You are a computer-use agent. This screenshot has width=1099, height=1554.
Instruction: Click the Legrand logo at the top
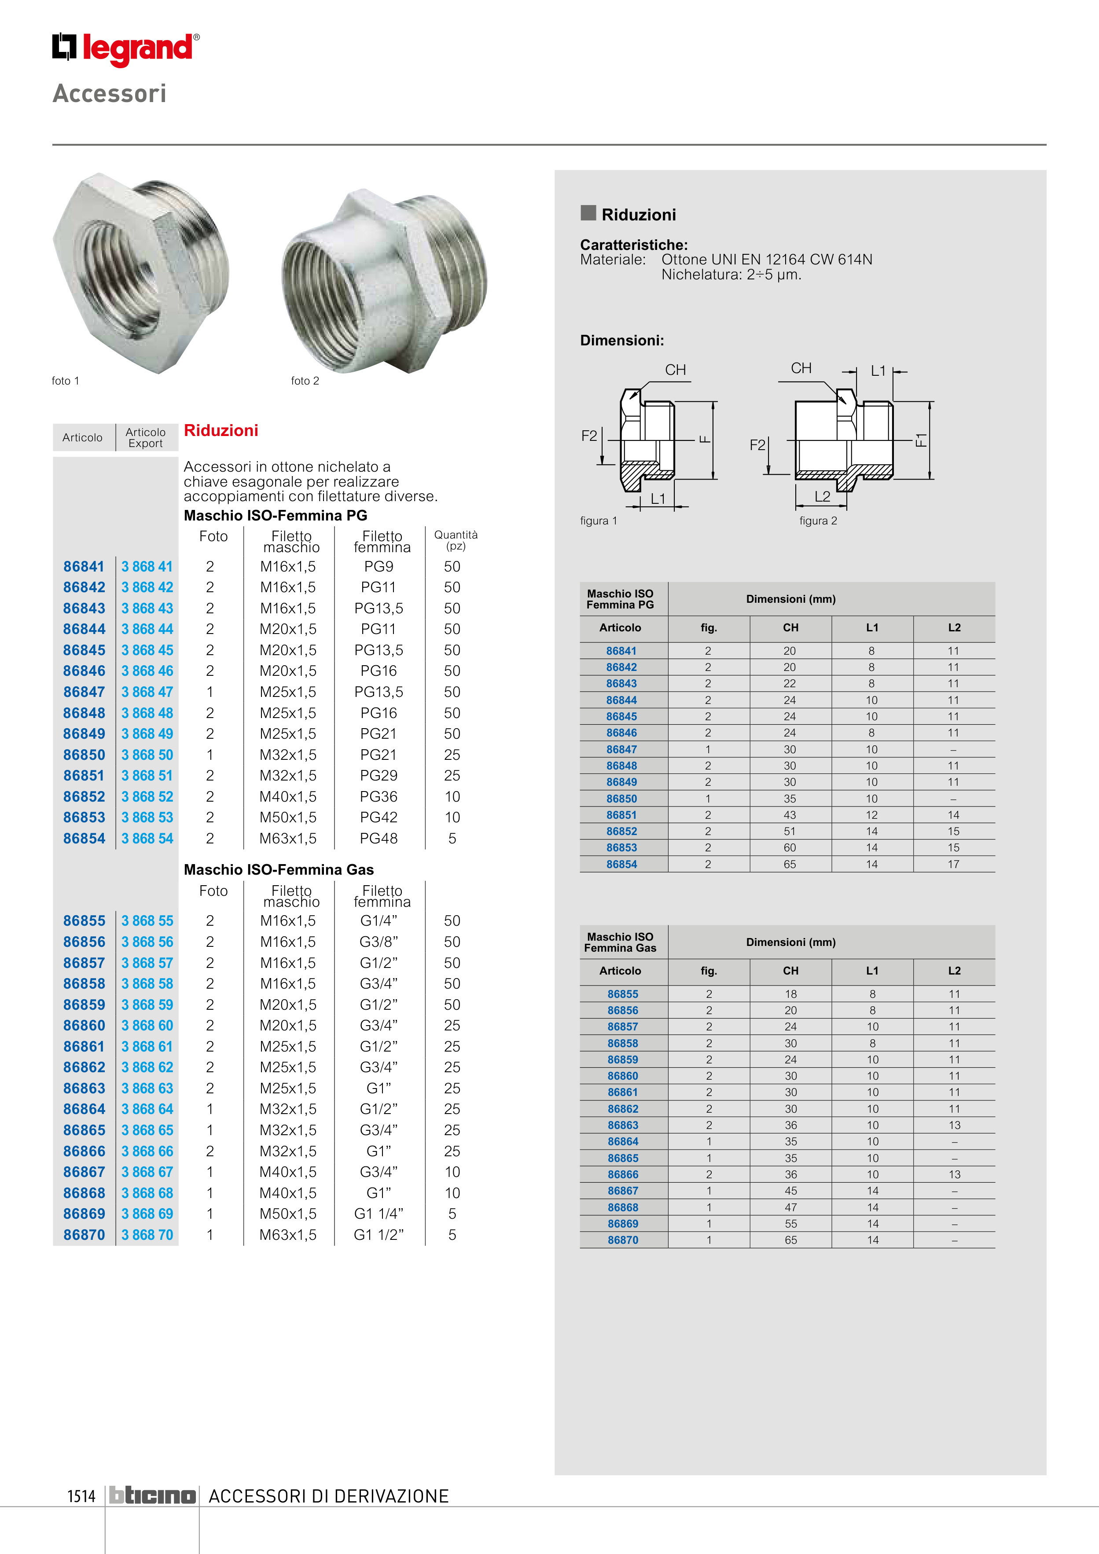(x=126, y=49)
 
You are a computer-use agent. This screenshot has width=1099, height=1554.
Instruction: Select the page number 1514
(x=81, y=1496)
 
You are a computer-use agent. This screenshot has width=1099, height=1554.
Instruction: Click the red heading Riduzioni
(x=221, y=430)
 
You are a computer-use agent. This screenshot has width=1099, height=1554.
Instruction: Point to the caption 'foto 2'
(x=305, y=381)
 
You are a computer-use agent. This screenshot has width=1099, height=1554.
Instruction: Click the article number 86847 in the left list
(x=84, y=692)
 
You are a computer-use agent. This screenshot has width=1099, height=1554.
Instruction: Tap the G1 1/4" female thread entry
(x=379, y=1213)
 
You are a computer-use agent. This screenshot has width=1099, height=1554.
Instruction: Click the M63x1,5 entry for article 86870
(x=288, y=1235)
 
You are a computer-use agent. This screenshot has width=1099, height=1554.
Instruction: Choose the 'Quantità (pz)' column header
(x=456, y=540)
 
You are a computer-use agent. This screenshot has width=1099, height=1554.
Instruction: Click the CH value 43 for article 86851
(x=790, y=815)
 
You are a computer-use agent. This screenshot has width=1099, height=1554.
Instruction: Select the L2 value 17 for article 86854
(x=953, y=864)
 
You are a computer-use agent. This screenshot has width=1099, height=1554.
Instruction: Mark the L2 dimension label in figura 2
(x=822, y=496)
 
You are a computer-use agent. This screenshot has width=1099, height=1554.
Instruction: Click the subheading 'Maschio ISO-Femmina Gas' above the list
(x=278, y=870)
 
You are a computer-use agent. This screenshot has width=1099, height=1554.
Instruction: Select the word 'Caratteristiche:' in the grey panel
(x=634, y=245)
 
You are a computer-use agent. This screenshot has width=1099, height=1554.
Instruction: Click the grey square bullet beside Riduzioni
(x=588, y=213)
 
